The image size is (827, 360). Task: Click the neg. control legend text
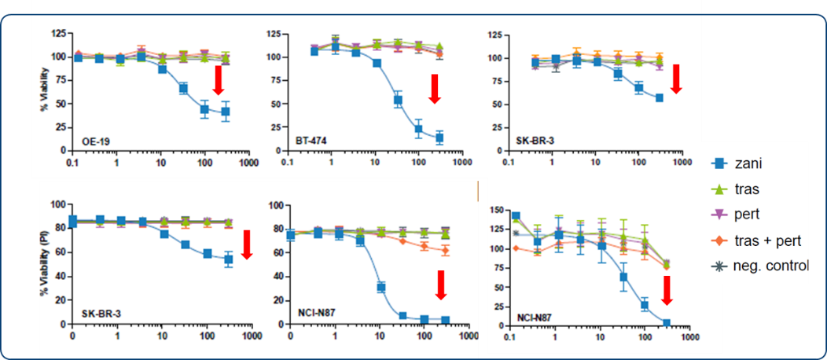[776, 266]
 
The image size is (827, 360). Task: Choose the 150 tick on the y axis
[495, 210]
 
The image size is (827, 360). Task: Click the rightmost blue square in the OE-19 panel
[226, 112]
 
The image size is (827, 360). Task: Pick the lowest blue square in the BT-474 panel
[439, 138]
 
